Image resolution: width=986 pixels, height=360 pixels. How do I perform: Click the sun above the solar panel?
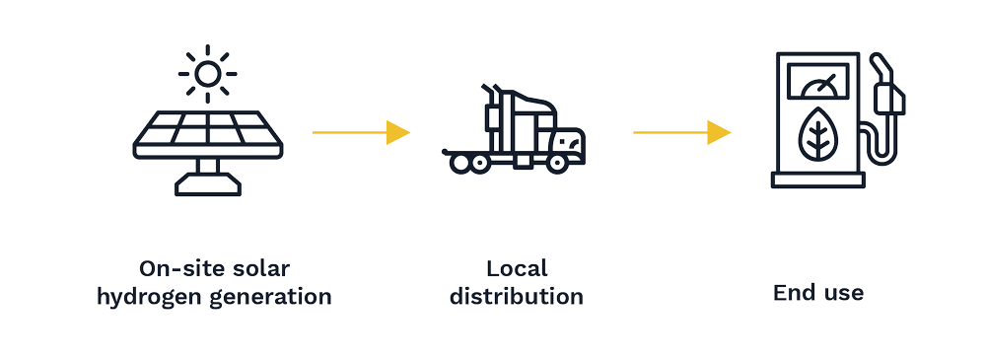click(207, 72)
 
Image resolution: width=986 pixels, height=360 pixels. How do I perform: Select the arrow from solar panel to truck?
click(360, 131)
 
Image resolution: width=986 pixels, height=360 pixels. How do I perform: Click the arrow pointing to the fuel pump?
click(681, 131)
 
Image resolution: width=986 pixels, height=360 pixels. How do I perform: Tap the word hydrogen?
click(149, 297)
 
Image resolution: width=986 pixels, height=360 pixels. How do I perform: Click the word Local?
click(517, 268)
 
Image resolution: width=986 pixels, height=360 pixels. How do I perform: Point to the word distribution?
click(517, 296)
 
